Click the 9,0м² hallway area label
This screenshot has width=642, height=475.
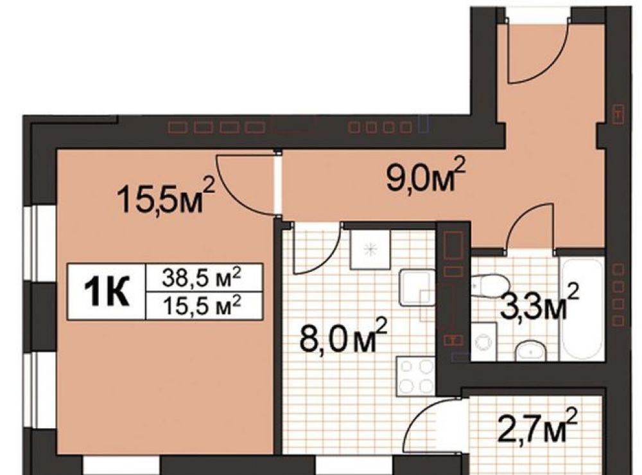(x=426, y=181)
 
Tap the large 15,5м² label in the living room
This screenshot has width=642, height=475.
(x=166, y=195)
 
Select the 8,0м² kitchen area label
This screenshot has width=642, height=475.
(x=343, y=337)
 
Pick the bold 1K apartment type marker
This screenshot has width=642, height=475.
(x=107, y=291)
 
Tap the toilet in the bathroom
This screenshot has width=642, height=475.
(x=489, y=283)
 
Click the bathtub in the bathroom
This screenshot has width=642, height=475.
(x=582, y=309)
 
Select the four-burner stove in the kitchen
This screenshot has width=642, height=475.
(x=415, y=375)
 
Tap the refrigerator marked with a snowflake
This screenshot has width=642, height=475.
(x=370, y=249)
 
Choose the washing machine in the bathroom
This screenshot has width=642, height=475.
(x=483, y=342)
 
